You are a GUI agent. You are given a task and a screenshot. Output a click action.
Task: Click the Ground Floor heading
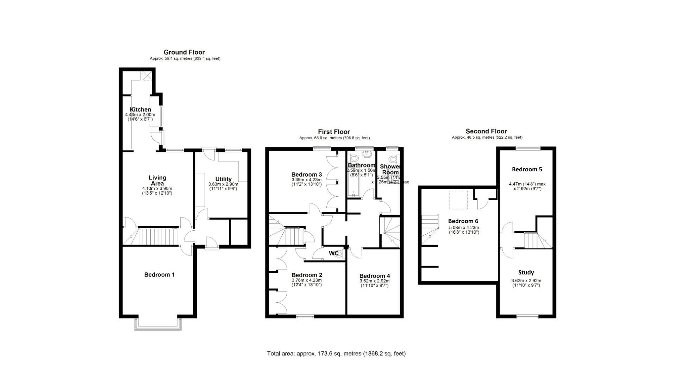(184, 52)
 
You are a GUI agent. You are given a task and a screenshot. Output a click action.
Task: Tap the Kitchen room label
(140, 109)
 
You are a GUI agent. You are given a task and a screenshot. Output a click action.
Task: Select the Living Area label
(157, 180)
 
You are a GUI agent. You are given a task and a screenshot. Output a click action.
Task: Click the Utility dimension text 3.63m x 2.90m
(223, 184)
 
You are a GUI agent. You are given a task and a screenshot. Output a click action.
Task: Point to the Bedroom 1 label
(159, 274)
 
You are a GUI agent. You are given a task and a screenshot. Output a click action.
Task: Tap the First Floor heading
(334, 132)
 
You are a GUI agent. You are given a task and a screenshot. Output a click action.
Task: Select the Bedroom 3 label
(306, 175)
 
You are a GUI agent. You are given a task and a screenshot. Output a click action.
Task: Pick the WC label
(333, 253)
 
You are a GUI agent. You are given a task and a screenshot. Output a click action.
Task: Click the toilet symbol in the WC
(340, 254)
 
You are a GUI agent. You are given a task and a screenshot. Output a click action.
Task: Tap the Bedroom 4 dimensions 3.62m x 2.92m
(374, 281)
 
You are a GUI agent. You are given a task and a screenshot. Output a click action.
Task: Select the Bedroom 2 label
(306, 275)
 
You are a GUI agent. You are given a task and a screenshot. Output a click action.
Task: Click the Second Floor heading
(486, 131)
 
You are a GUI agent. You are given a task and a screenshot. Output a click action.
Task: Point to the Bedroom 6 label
(463, 221)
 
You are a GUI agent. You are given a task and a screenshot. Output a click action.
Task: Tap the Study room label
(526, 272)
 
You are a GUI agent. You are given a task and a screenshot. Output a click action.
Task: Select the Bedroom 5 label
(527, 169)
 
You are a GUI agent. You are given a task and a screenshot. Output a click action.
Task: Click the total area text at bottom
(336, 354)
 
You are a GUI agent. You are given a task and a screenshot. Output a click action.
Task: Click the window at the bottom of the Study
(527, 317)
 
